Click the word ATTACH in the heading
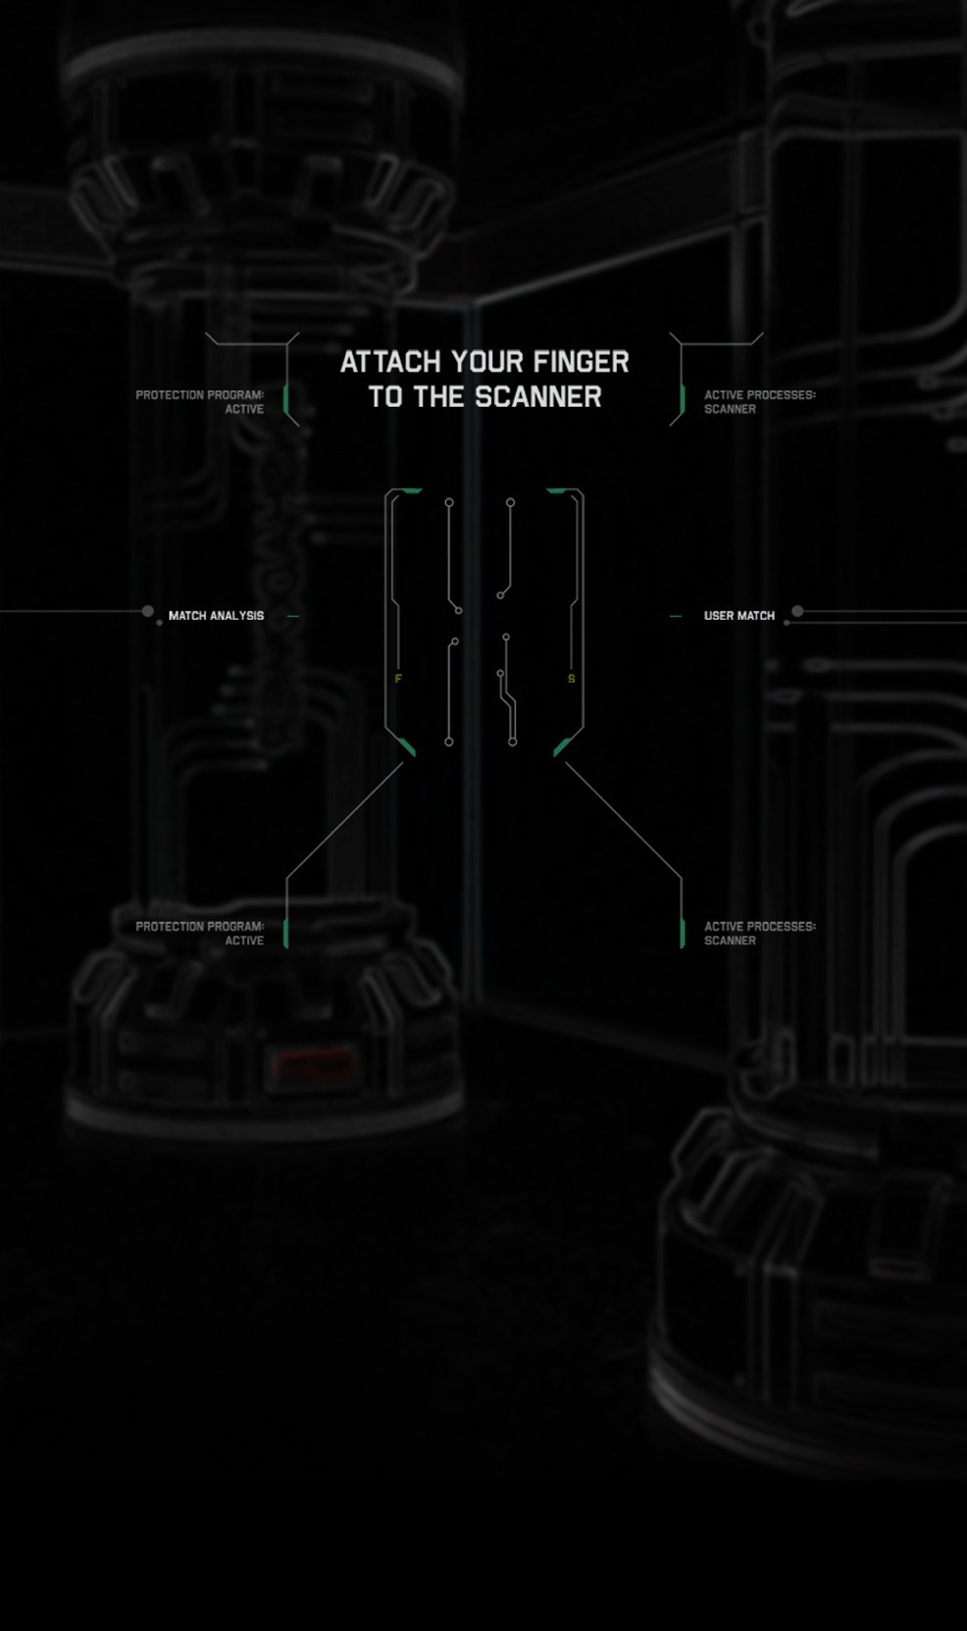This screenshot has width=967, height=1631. pyautogui.click(x=390, y=362)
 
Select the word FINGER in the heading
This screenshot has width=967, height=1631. pyautogui.click(x=582, y=362)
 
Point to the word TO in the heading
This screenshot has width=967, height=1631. pyautogui.click(x=385, y=397)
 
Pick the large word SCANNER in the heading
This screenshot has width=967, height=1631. pyautogui.click(x=538, y=397)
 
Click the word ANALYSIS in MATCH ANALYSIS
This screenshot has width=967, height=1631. pyautogui.click(x=236, y=616)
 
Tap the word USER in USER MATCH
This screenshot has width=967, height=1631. pyautogui.click(x=719, y=616)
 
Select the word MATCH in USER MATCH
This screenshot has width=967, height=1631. pyautogui.click(x=756, y=616)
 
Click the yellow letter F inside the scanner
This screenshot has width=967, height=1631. pyautogui.click(x=398, y=679)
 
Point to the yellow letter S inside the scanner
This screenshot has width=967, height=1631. pyautogui.click(x=572, y=679)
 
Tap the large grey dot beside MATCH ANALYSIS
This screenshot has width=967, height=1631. pyautogui.click(x=147, y=611)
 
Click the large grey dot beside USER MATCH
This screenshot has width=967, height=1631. pyautogui.click(x=797, y=611)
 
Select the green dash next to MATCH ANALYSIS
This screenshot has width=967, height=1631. pyautogui.click(x=292, y=616)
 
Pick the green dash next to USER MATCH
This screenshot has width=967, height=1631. pyautogui.click(x=675, y=616)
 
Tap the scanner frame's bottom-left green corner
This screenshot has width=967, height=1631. pyautogui.click(x=407, y=747)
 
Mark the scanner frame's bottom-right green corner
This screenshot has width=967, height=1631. pyautogui.click(x=562, y=747)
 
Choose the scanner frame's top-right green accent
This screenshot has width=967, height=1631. pyautogui.click(x=556, y=490)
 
